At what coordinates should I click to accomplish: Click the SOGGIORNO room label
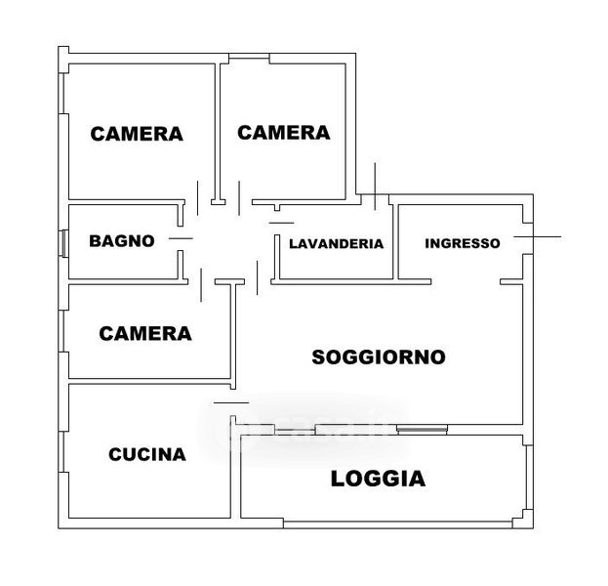(378, 357)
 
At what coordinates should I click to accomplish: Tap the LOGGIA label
(378, 479)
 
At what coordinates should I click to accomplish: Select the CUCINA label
(146, 454)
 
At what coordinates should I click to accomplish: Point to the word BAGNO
(122, 240)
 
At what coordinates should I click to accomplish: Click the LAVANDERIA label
(336, 244)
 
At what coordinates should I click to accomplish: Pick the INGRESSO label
(463, 243)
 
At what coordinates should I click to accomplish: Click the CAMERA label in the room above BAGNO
(137, 135)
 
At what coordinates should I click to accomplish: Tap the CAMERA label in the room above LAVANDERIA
(283, 133)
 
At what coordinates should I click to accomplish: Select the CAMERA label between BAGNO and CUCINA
(145, 334)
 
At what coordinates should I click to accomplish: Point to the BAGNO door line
(181, 238)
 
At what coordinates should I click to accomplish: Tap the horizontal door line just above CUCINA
(231, 402)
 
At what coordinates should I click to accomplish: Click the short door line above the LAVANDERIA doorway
(281, 225)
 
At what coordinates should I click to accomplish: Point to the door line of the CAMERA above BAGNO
(198, 199)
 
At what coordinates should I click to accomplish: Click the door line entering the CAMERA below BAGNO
(200, 284)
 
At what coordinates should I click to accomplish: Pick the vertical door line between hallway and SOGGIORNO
(257, 277)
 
